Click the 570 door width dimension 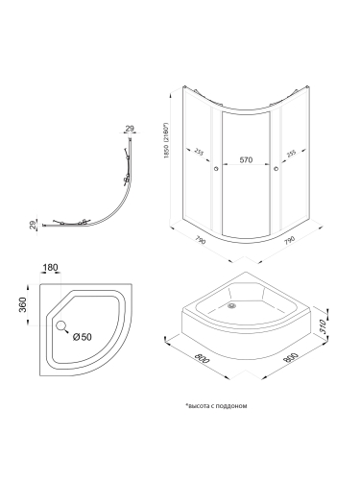coord(246,159)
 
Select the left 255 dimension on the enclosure coord(199,152)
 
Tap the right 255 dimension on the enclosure coord(292,153)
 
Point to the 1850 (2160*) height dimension coord(166,140)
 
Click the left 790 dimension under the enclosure coord(201,241)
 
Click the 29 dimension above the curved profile coord(130,129)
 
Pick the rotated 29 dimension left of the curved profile coord(33,226)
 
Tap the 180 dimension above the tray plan coord(50,267)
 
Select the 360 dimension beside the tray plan coord(22,305)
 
